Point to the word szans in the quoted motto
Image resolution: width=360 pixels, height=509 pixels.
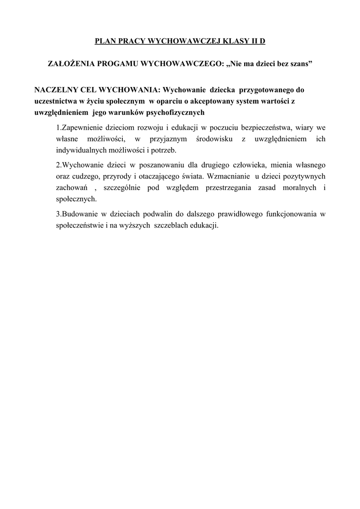coord(298,65)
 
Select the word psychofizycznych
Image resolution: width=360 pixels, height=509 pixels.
coord(168,113)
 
